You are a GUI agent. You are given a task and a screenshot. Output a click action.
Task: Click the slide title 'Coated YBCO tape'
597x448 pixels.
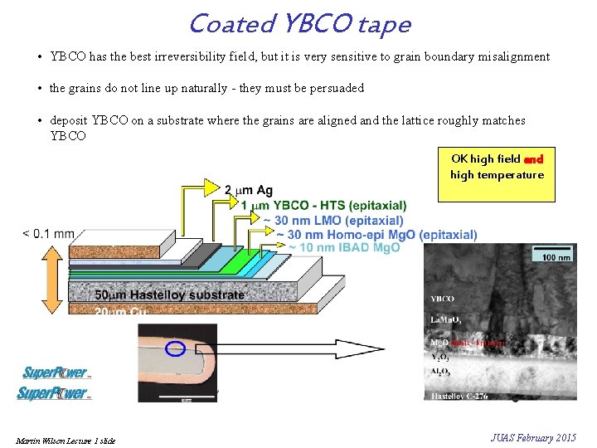pyautogui.click(x=299, y=24)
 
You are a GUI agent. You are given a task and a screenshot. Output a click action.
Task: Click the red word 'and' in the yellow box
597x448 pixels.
pyautogui.click(x=534, y=159)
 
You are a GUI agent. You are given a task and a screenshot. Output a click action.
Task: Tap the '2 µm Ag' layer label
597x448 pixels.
pyautogui.click(x=248, y=191)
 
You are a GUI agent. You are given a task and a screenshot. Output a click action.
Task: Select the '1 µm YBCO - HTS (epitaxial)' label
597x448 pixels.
pyautogui.click(x=323, y=205)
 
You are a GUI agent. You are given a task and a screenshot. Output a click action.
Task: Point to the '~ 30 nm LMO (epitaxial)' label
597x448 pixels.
pyautogui.click(x=332, y=221)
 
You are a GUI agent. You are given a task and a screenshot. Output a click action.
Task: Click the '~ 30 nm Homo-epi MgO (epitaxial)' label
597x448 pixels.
pyautogui.click(x=376, y=235)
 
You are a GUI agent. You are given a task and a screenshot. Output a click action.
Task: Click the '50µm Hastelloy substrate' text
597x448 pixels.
pyautogui.click(x=170, y=295)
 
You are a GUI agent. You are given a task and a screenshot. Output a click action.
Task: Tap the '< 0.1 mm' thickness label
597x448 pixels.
pyautogui.click(x=48, y=234)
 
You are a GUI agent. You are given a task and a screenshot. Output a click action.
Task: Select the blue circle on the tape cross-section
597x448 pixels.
pyautogui.click(x=175, y=348)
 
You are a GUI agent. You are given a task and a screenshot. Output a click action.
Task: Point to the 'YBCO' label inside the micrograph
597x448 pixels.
pyautogui.click(x=443, y=299)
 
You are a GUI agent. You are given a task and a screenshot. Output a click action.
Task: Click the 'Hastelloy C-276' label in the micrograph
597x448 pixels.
pyautogui.click(x=459, y=397)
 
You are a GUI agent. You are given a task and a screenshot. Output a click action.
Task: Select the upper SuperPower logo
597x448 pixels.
pyautogui.click(x=56, y=373)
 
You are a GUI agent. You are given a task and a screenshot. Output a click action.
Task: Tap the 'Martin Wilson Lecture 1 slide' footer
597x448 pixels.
pyautogui.click(x=65, y=440)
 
